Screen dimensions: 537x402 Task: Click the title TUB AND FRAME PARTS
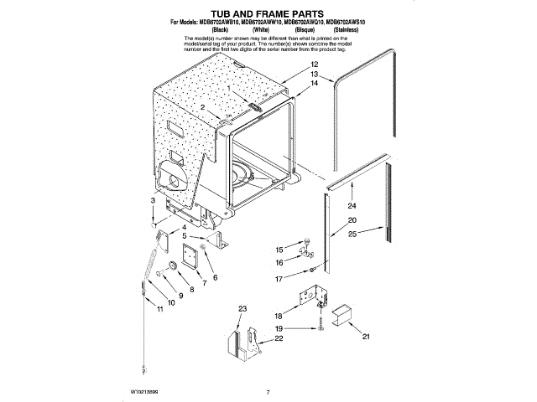(x=269, y=15)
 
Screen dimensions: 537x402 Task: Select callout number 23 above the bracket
(x=242, y=310)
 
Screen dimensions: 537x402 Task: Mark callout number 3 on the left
(x=153, y=201)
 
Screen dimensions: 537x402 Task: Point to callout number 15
(x=280, y=250)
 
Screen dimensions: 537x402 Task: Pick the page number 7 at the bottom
(x=267, y=391)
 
